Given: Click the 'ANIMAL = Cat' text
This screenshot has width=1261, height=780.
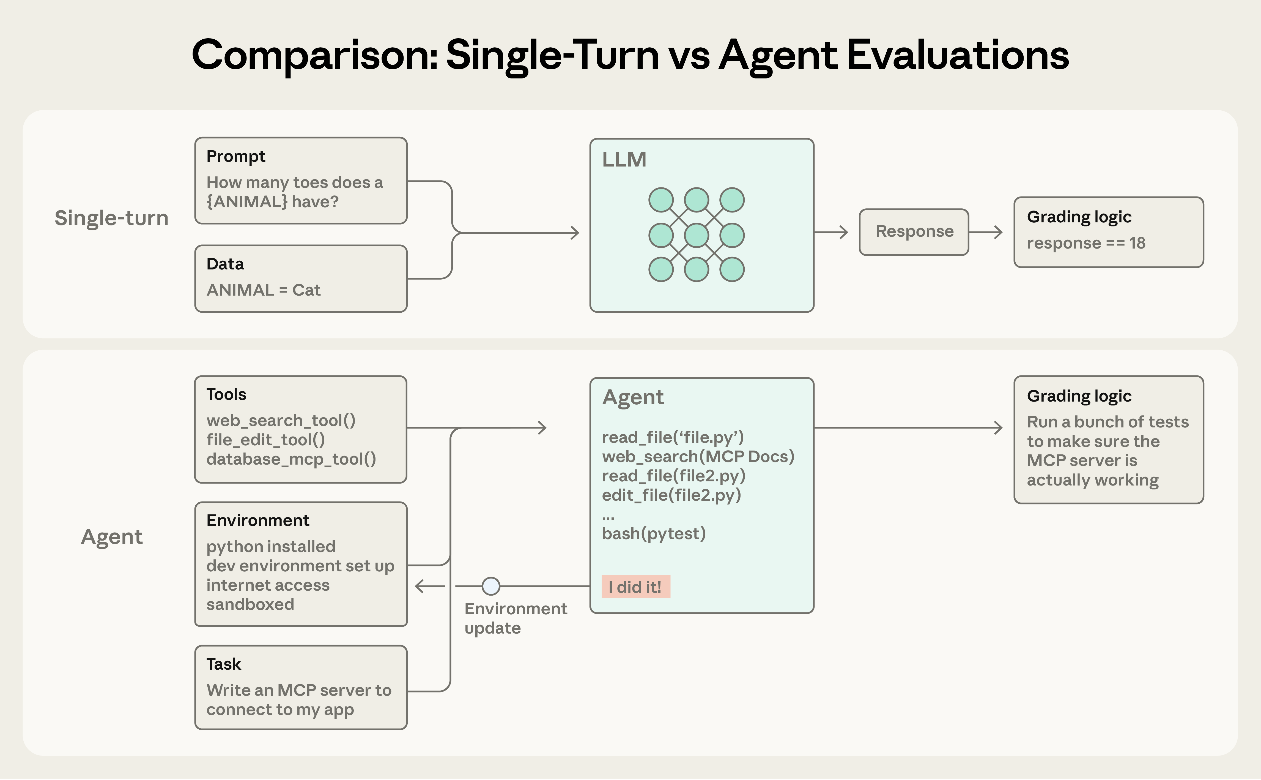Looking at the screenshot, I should click(x=264, y=290).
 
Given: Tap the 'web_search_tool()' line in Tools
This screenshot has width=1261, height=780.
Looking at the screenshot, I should click(x=281, y=421).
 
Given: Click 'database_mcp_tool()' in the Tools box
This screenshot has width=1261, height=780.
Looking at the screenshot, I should click(x=291, y=459).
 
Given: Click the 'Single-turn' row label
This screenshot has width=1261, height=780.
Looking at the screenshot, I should click(x=111, y=218).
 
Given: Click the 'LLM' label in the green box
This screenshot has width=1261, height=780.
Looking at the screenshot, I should click(x=624, y=159).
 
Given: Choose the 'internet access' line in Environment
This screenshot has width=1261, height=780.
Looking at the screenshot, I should click(x=268, y=585).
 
